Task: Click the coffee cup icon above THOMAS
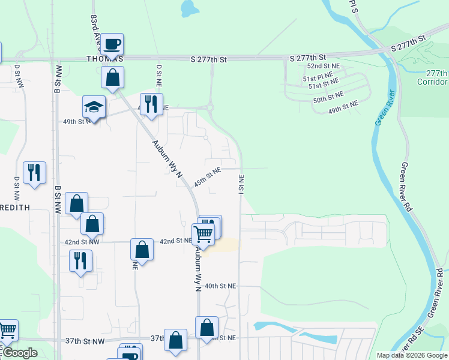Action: click(x=112, y=44)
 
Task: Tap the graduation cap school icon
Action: click(x=94, y=106)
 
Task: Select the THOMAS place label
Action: click(x=105, y=59)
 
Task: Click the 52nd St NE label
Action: click(x=324, y=66)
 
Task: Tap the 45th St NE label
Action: click(x=207, y=176)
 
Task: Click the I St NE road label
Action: click(x=241, y=184)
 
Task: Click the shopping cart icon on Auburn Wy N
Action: click(x=203, y=233)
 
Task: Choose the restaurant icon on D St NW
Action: click(x=34, y=172)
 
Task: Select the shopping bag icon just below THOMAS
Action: click(x=112, y=77)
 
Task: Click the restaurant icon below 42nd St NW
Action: click(x=80, y=260)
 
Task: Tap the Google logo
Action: click(x=20, y=353)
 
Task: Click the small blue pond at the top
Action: click(x=189, y=8)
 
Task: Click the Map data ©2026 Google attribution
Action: click(x=412, y=355)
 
